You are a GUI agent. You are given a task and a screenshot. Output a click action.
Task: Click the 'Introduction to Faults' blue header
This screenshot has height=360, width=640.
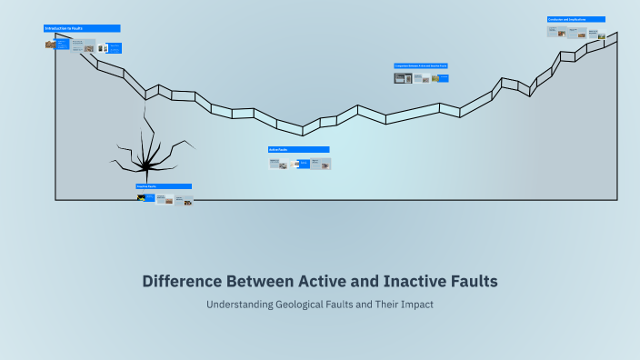coord(82,28)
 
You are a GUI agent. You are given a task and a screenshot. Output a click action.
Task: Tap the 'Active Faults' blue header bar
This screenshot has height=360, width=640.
coord(298,149)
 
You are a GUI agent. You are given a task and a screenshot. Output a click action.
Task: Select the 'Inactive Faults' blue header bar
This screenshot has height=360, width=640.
coord(164,186)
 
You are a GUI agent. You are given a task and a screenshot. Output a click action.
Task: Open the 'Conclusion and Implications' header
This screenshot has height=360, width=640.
coord(576,19)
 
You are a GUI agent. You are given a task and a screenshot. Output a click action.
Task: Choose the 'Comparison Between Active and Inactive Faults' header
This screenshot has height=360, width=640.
coord(421,66)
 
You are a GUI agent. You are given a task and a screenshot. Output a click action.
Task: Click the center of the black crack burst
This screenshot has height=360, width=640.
coord(144,165)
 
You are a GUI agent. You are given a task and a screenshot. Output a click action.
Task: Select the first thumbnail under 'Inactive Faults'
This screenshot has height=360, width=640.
coord(141,197)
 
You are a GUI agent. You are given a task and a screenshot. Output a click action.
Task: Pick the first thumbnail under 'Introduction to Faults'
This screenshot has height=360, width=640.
coord(50,44)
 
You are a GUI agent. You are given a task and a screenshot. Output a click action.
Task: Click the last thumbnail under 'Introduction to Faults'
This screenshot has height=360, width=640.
coord(115,47)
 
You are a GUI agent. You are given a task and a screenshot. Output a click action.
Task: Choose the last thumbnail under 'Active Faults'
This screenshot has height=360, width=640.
coord(321,165)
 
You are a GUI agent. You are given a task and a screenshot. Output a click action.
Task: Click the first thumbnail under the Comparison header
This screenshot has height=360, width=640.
coord(403,78)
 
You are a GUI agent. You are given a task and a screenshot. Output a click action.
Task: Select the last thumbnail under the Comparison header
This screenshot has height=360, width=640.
coord(441,78)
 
